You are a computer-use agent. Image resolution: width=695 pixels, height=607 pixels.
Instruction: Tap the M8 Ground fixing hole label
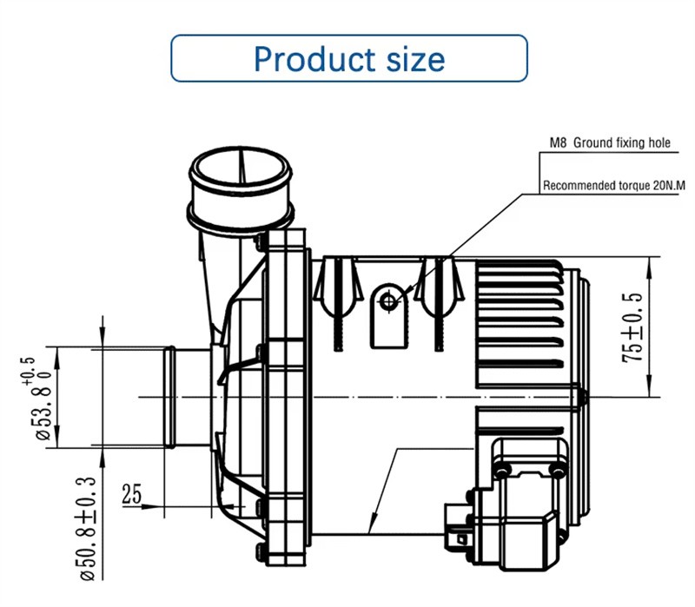[609, 143]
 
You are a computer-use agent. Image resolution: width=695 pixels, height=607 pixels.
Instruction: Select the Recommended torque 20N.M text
[607, 185]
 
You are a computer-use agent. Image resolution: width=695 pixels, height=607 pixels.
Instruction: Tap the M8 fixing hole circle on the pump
[388, 300]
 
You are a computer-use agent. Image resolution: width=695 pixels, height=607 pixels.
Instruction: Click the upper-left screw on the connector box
[501, 470]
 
